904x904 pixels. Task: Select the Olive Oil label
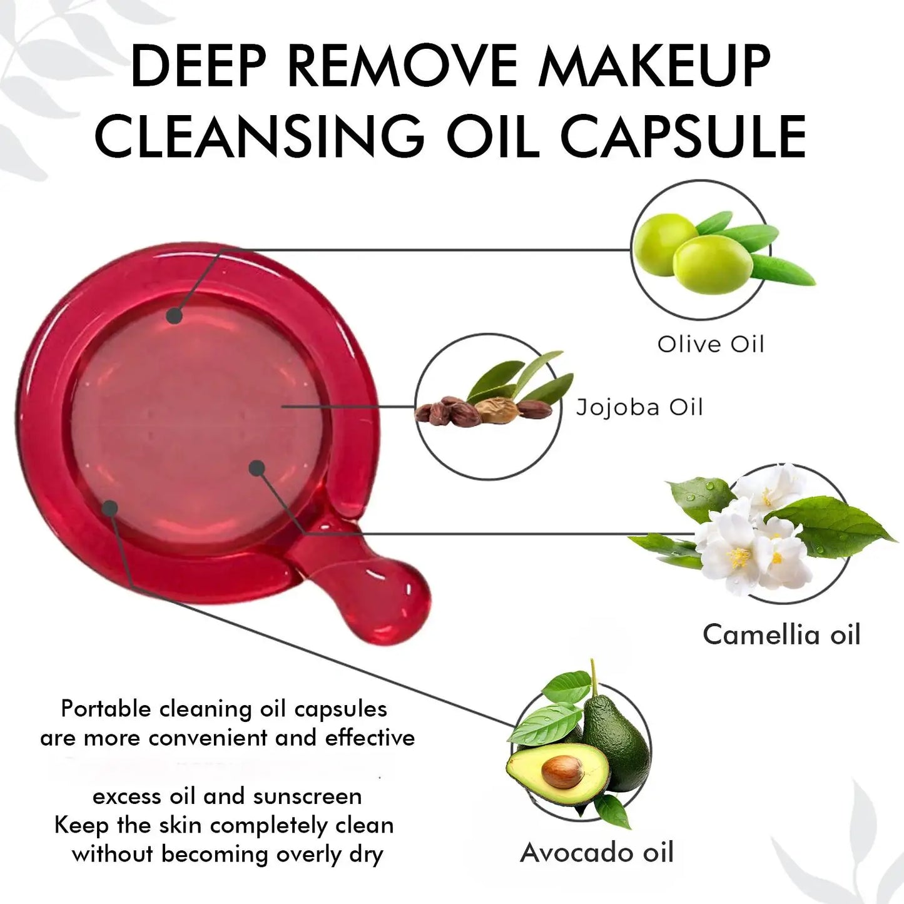click(x=711, y=344)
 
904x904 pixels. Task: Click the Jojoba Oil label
click(x=639, y=407)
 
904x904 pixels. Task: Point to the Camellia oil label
click(x=781, y=634)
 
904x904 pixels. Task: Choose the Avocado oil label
click(x=597, y=853)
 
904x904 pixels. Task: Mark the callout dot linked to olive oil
click(x=175, y=316)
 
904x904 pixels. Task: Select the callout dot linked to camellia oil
click(x=256, y=467)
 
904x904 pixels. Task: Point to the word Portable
click(x=106, y=709)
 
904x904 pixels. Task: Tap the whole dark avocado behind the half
click(x=616, y=738)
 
